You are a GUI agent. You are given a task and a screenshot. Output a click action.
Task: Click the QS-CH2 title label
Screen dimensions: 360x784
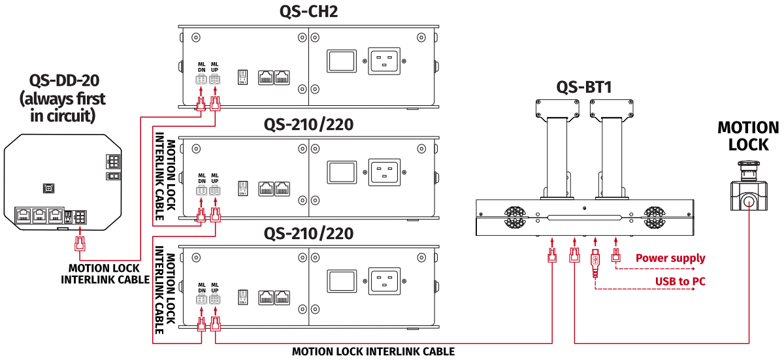[x=308, y=11]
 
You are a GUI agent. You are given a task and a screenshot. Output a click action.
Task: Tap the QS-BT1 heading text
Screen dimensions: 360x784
[x=583, y=86]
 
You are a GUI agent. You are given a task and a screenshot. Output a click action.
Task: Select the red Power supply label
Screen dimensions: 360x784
[x=670, y=258]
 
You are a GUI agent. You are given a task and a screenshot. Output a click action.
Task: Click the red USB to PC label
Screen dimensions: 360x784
[x=680, y=282]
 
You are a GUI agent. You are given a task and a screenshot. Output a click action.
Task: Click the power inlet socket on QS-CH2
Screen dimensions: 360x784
[x=385, y=61]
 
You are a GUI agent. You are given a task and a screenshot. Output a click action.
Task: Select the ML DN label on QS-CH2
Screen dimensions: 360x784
[x=202, y=67]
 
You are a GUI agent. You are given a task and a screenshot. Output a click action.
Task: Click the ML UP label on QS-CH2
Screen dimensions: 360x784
[x=214, y=67]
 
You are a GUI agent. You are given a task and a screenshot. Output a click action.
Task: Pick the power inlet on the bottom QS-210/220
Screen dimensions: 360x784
[x=385, y=282]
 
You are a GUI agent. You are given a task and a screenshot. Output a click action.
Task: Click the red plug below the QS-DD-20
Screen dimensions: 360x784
[x=80, y=245]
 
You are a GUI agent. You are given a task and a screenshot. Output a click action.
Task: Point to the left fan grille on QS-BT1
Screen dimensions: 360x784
[x=514, y=217]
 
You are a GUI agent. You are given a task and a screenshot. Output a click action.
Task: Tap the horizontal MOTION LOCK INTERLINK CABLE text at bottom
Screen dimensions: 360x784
[x=373, y=352]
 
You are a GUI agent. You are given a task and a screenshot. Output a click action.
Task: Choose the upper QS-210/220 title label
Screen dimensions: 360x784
[x=308, y=124]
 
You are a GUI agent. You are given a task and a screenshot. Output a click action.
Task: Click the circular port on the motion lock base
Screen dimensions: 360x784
[x=748, y=201]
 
